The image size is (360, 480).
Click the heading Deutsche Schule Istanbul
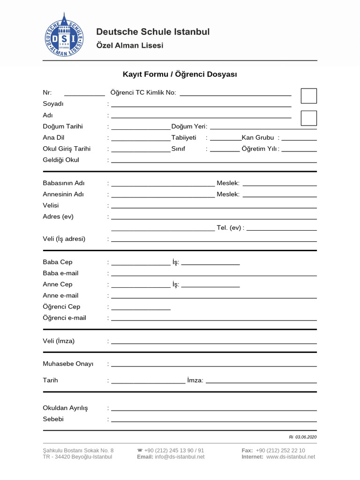(153, 32)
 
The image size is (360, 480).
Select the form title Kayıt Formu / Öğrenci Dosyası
(180, 74)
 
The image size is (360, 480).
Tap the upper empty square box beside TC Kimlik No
(308, 96)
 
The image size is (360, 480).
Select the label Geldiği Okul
(61, 160)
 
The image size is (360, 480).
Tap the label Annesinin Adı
(63, 194)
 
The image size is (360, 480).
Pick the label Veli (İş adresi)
(64, 239)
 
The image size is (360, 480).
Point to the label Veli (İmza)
(59, 341)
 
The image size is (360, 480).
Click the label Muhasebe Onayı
(68, 364)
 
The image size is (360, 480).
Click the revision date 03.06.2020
(306, 437)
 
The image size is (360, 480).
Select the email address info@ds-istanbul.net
(180, 457)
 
